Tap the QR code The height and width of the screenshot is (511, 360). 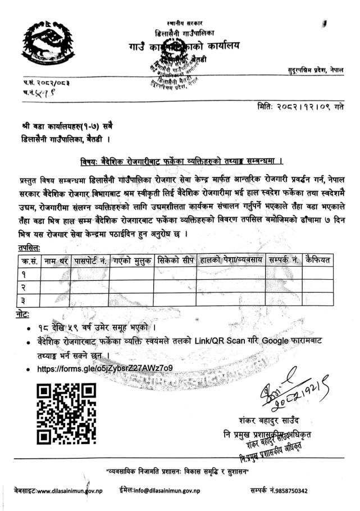[x=66, y=408]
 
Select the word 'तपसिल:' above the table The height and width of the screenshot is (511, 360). [x=29, y=247]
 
